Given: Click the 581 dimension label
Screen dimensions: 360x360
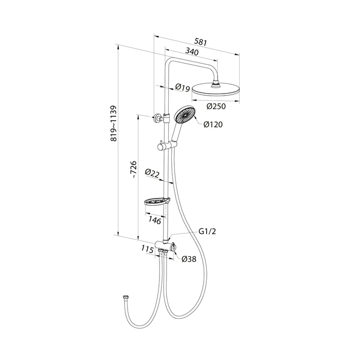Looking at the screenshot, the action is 201,42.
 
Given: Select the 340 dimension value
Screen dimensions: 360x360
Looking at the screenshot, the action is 192,52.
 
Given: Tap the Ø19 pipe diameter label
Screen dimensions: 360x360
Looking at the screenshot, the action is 183,87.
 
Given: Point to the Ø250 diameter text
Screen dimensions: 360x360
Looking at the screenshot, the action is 216,106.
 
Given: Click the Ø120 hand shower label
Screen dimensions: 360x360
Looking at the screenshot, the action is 213,124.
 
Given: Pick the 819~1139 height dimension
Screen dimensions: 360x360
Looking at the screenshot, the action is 114,123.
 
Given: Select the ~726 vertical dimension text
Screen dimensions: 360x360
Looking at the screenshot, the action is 133,170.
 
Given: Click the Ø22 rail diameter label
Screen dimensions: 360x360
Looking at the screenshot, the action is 152,173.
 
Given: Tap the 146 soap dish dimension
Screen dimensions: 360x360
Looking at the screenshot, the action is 154,221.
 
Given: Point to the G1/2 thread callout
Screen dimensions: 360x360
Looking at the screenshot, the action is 207,231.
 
